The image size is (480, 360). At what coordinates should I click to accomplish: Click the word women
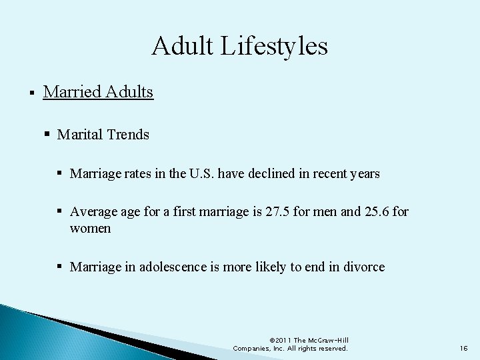90,229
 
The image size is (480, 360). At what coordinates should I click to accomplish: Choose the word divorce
364,267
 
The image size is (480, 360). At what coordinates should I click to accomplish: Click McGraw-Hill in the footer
327,340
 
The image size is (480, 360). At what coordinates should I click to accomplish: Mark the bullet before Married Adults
32,92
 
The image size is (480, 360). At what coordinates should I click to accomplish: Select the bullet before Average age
61,212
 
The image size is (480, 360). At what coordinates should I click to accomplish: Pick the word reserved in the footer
331,349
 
